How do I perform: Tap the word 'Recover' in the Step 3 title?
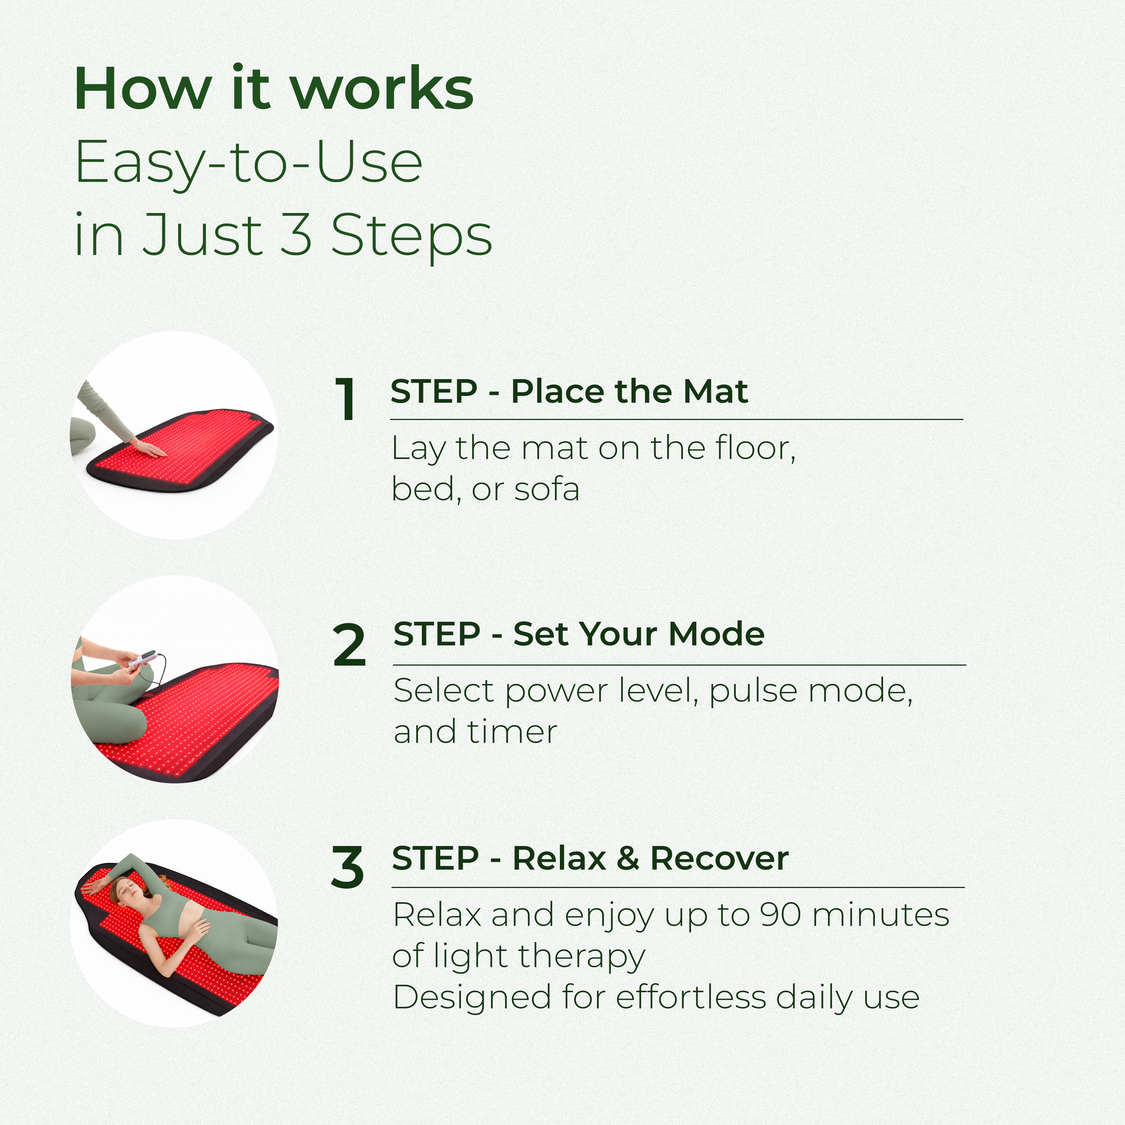720,858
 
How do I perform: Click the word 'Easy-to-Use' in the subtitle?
249,162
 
